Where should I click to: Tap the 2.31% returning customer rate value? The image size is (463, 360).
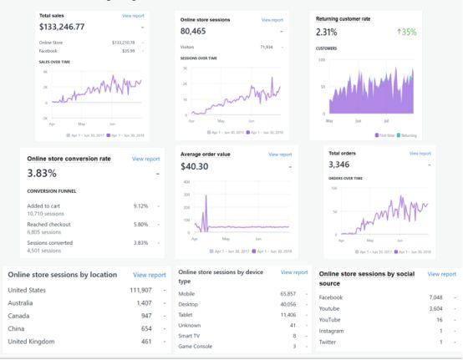pos(332,32)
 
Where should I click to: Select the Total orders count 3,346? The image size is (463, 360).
pos(344,165)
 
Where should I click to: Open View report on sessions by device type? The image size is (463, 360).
pos(294,272)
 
